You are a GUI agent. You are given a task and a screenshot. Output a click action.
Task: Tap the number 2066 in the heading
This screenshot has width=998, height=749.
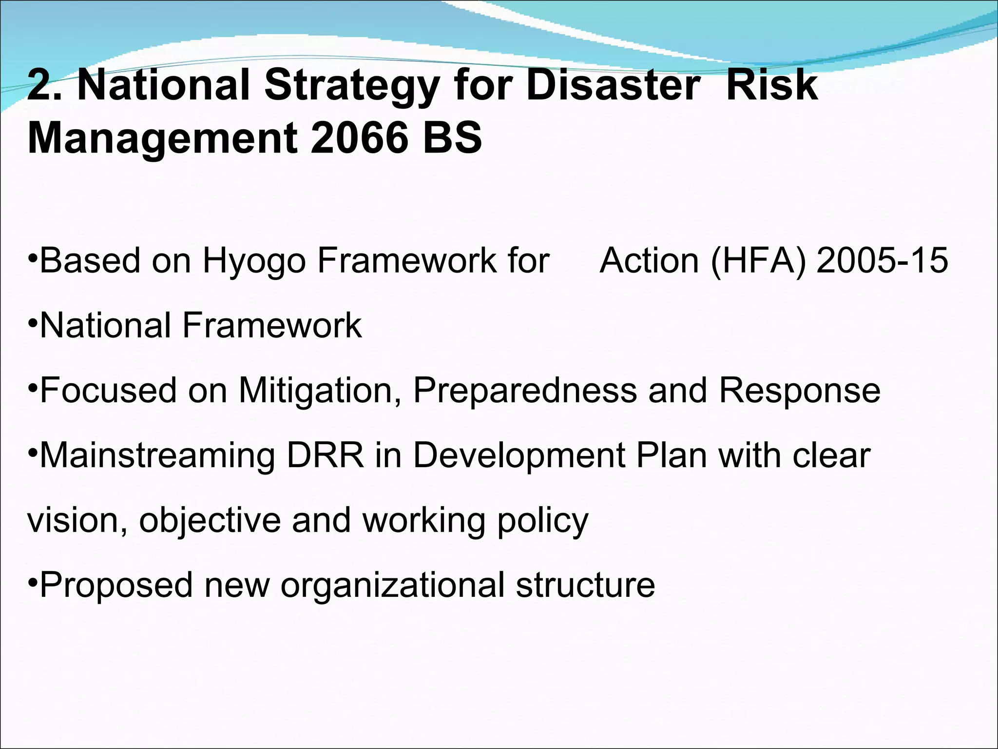click(x=359, y=138)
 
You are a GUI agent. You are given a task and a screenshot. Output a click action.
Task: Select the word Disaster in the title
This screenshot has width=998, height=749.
click(x=613, y=86)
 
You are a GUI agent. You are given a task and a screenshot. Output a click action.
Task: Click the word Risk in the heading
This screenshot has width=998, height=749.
click(x=772, y=86)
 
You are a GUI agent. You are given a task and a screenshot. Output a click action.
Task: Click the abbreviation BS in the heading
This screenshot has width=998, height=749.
click(x=452, y=138)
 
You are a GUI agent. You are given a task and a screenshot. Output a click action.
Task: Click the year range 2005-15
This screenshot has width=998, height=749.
click(x=883, y=260)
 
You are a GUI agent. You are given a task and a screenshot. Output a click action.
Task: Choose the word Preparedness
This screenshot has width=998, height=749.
click(x=525, y=391)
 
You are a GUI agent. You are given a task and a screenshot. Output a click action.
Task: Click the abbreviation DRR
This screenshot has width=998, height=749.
click(x=325, y=455)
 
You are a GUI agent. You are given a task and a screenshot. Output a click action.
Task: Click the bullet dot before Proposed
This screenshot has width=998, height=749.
click(x=32, y=581)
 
